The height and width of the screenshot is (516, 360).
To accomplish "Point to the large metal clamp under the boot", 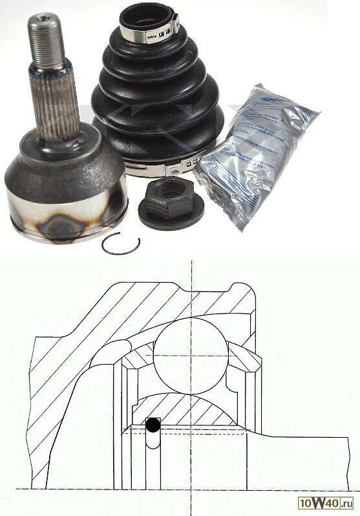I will click(x=162, y=167).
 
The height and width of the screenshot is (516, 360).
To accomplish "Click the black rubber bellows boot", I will click(x=155, y=97).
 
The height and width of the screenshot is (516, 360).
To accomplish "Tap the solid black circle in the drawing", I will click(x=153, y=425).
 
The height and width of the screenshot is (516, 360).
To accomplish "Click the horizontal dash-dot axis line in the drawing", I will click(x=97, y=488).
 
